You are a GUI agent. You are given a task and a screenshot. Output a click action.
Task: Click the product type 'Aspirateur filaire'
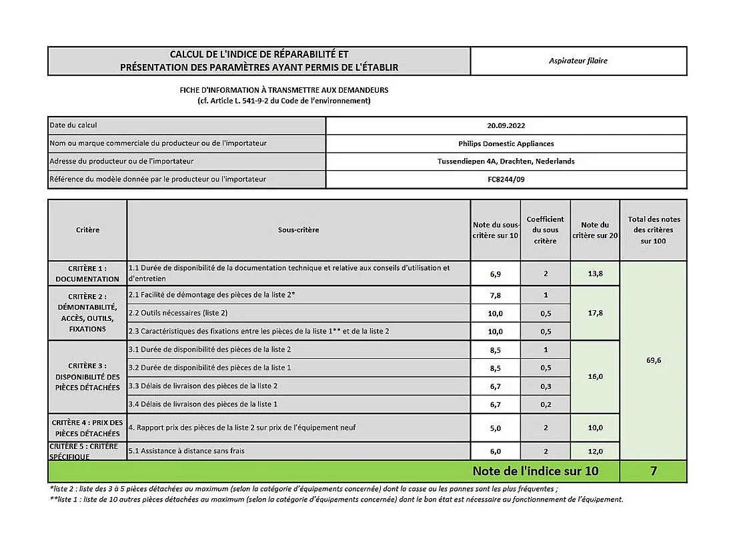click(578, 61)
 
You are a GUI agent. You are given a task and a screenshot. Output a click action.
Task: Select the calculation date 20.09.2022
click(506, 125)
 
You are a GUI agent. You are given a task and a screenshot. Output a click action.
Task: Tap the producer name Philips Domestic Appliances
click(506, 143)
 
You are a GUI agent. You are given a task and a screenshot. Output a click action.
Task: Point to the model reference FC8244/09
click(506, 179)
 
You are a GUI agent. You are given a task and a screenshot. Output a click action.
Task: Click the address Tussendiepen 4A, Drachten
click(506, 161)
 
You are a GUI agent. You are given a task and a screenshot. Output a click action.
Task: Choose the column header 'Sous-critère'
click(298, 230)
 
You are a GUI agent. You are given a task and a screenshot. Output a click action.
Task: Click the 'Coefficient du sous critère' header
click(545, 230)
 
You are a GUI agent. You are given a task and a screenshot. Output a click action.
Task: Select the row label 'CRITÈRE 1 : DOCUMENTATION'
click(87, 273)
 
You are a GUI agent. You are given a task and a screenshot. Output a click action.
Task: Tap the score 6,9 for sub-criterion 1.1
click(496, 273)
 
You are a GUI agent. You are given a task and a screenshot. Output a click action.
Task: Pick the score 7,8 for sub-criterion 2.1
click(496, 295)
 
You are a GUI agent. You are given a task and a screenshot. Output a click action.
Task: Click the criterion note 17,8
click(595, 313)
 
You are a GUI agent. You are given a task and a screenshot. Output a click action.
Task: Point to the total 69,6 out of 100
click(653, 360)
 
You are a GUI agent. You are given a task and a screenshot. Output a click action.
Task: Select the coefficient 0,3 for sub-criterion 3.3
click(545, 386)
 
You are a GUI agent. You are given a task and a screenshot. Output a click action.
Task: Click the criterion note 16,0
click(595, 377)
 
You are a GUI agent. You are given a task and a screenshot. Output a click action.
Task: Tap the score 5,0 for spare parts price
click(496, 428)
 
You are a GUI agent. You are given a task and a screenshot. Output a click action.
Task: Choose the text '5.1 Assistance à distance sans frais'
click(186, 451)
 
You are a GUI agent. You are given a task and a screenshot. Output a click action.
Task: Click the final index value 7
click(653, 471)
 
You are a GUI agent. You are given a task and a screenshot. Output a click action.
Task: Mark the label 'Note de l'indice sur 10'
click(535, 471)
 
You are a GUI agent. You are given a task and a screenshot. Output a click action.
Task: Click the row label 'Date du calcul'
click(73, 125)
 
